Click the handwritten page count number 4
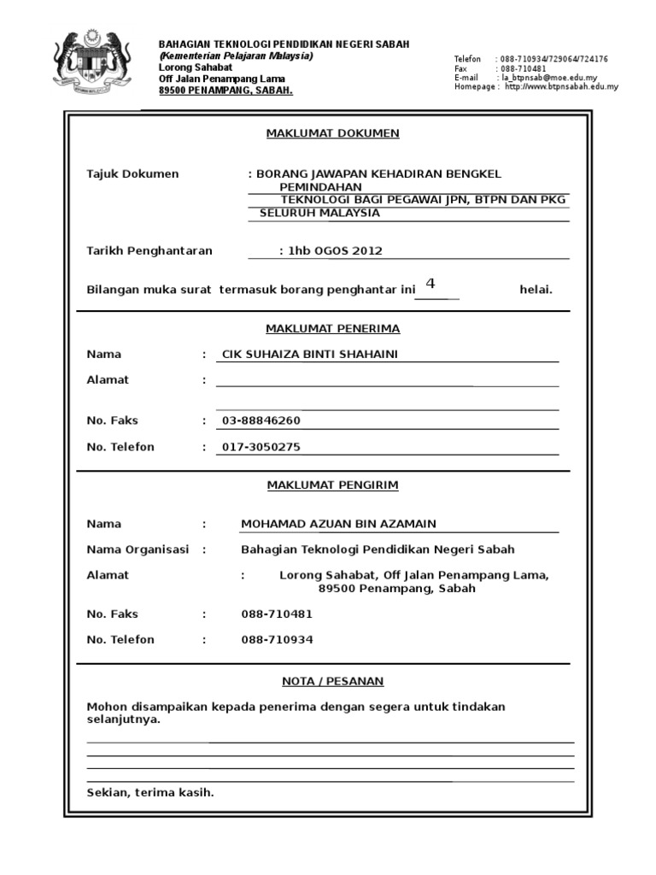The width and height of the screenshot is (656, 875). click(430, 284)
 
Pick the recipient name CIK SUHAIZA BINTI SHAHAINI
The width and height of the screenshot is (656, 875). click(310, 355)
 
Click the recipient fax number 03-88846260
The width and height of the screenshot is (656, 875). click(261, 421)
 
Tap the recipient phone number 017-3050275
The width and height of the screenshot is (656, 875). click(261, 447)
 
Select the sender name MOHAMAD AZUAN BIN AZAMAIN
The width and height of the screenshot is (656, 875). click(338, 525)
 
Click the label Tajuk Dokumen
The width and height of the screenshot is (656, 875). click(133, 174)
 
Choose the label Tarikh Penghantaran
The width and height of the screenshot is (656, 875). click(149, 251)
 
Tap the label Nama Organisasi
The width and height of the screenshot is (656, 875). click(138, 550)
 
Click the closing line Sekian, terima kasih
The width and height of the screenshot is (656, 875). click(150, 793)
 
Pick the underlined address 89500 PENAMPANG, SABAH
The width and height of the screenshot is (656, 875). click(225, 91)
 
